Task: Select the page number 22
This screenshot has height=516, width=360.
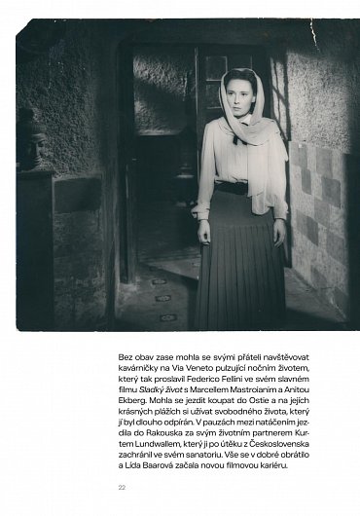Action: pos(121,486)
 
